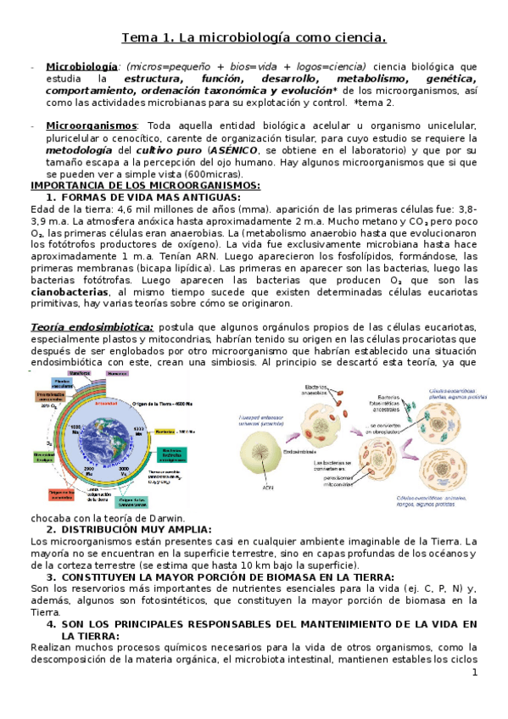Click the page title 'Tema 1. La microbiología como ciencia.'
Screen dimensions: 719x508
[x=254, y=37]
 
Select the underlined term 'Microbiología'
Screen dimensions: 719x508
[x=81, y=67]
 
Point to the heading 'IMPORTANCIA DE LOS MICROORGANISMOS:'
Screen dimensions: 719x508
[x=145, y=186]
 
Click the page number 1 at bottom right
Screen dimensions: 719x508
[x=475, y=672]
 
